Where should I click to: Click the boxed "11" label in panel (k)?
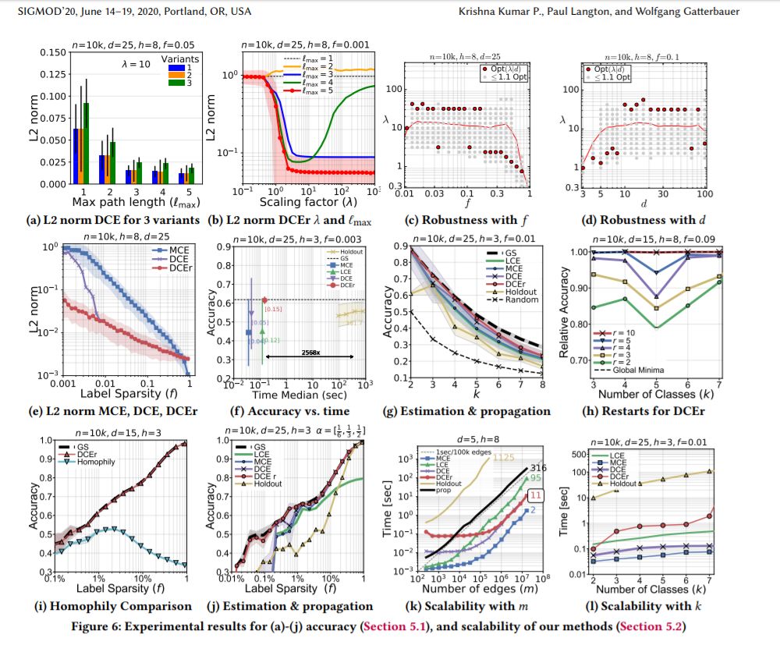[x=537, y=495]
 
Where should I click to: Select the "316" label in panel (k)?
[x=538, y=466]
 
